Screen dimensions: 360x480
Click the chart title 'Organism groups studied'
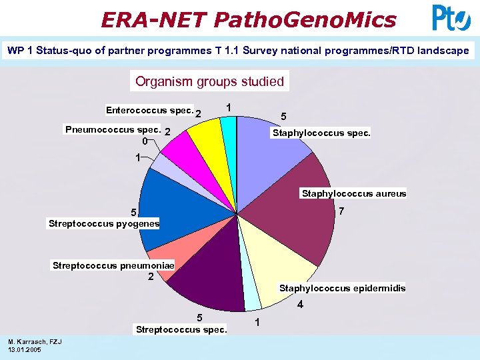(x=209, y=81)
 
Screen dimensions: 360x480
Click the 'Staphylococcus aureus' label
(x=353, y=193)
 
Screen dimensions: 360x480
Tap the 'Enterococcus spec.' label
(x=149, y=109)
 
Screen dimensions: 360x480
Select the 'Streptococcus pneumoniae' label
(x=113, y=265)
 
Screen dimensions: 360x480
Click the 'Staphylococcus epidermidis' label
(x=342, y=288)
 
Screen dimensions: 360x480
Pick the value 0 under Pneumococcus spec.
(x=144, y=141)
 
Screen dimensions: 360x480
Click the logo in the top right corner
(x=451, y=17)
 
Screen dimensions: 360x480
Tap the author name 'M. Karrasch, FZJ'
(x=35, y=342)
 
